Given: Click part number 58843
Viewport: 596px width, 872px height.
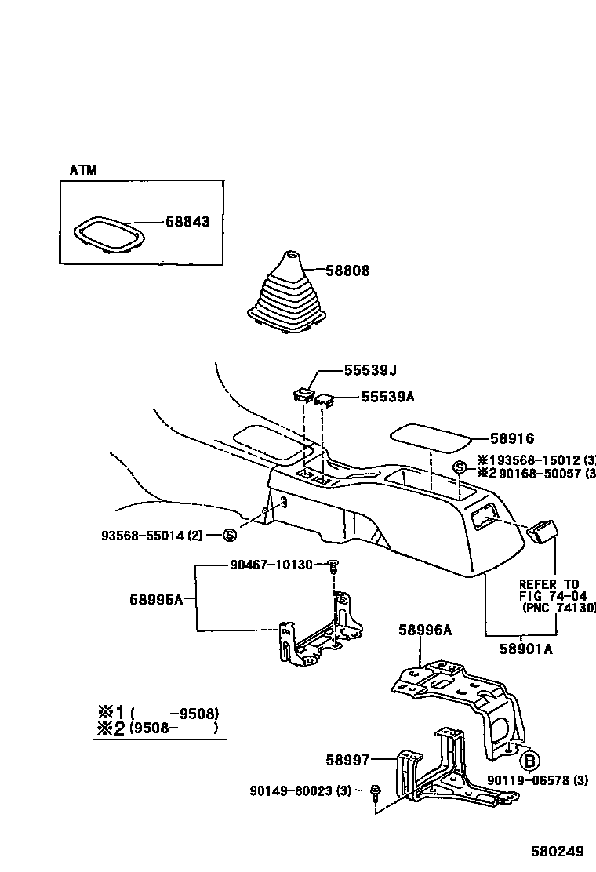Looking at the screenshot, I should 187,222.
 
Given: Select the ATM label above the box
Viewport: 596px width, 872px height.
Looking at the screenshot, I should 82,170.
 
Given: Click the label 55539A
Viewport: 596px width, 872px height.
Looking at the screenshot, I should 387,397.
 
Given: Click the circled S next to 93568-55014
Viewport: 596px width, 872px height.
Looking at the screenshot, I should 230,536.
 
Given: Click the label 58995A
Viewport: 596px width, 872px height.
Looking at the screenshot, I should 156,600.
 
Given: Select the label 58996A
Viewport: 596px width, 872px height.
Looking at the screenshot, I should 425,629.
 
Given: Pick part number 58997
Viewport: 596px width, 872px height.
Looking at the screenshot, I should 347,759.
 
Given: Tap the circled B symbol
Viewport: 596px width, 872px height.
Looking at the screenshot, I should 531,760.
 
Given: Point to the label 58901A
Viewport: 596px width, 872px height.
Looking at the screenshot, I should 525,649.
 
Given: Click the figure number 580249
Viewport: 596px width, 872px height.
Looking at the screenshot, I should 557,851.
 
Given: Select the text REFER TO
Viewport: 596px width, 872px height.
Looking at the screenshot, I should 549,584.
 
